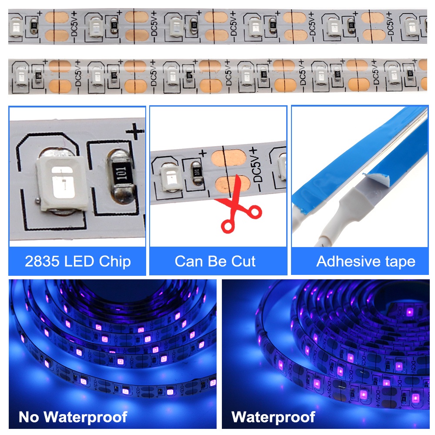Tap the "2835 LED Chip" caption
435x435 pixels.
[x=77, y=261]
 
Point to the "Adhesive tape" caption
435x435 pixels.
[x=365, y=261]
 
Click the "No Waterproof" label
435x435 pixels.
[x=73, y=417]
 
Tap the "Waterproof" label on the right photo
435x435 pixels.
[x=273, y=417]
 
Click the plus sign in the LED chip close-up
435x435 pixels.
[x=134, y=131]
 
